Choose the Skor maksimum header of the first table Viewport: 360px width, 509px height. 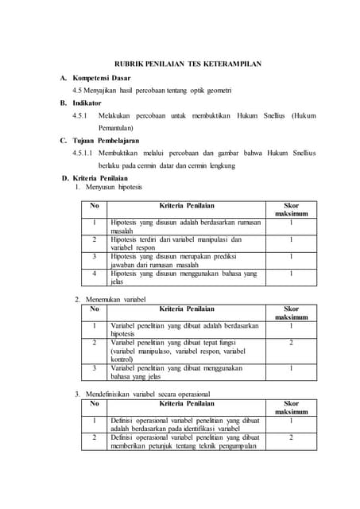point(291,209)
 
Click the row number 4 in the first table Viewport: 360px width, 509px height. point(94,273)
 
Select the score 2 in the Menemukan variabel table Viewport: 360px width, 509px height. point(291,343)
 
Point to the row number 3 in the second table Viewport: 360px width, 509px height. point(94,367)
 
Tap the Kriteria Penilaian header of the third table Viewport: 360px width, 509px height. point(187,403)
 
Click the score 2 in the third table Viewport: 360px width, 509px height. point(291,437)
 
